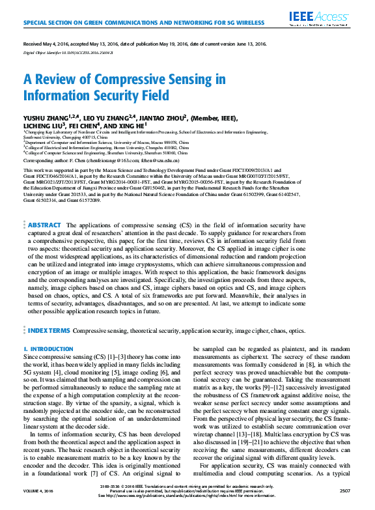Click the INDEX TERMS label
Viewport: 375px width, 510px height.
(48, 331)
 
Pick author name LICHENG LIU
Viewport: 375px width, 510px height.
(42, 126)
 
